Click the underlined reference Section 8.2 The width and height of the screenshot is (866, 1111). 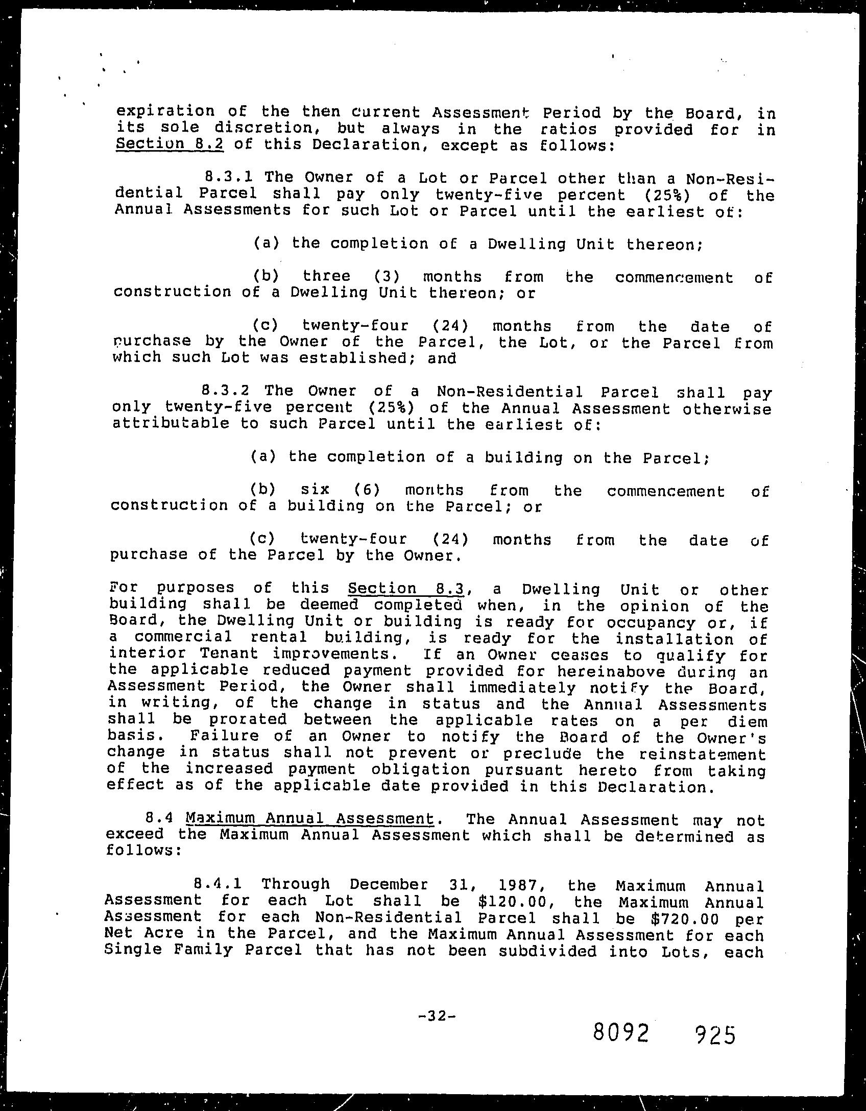(x=170, y=144)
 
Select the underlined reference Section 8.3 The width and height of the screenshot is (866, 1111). (x=405, y=589)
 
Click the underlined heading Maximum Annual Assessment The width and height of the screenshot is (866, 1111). (x=310, y=818)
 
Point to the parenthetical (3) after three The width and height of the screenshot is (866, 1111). (x=390, y=277)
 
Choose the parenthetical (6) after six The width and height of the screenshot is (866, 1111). (x=367, y=490)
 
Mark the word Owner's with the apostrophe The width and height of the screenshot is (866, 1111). (x=737, y=738)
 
